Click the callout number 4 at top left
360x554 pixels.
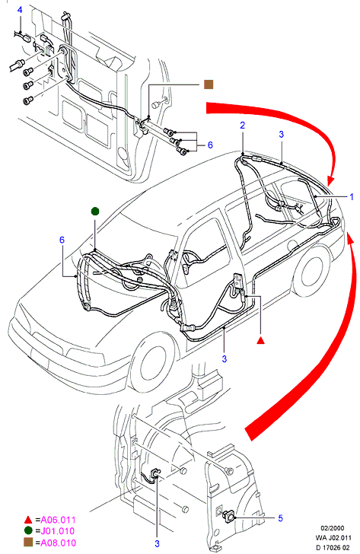[20, 10]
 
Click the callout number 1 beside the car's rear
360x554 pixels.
[352, 197]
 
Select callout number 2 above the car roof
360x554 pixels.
[242, 126]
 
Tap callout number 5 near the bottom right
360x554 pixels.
[281, 518]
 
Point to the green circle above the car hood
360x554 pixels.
[95, 212]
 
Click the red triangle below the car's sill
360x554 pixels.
[261, 341]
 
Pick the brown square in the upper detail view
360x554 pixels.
[209, 84]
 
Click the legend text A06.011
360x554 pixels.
[59, 520]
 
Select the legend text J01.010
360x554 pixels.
[58, 531]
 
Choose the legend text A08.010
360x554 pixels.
[59, 543]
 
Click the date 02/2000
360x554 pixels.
[332, 528]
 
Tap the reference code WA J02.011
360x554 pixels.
[333, 538]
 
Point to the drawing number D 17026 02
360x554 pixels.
[333, 548]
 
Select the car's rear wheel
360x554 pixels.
[310, 272]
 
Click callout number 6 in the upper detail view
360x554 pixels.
[210, 145]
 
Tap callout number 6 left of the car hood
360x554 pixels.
[62, 240]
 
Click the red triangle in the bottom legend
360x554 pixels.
[28, 520]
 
